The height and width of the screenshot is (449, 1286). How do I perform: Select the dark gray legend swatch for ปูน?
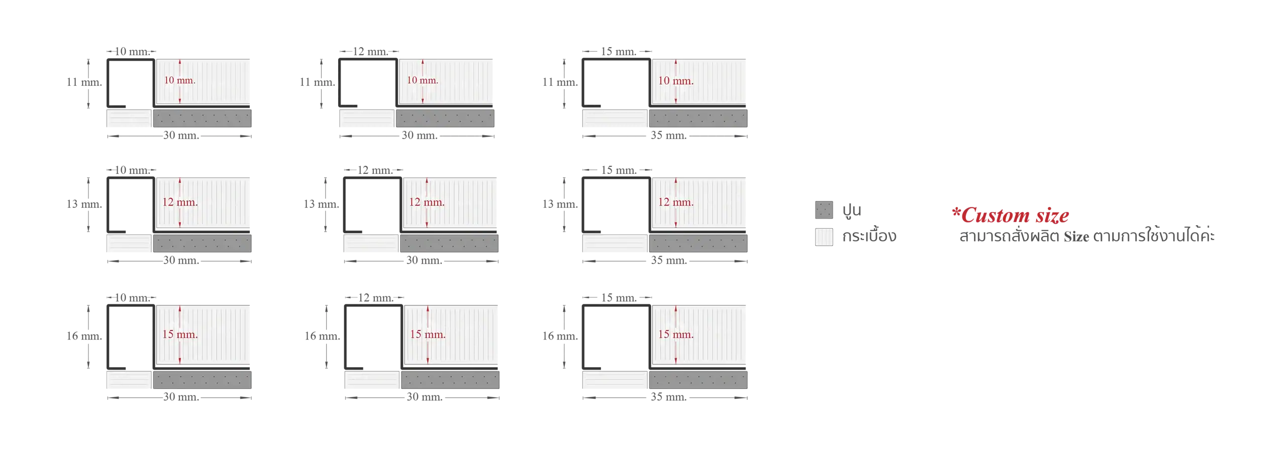824,210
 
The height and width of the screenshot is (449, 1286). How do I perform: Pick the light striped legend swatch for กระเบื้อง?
824,237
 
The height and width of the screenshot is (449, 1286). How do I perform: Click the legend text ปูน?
852,210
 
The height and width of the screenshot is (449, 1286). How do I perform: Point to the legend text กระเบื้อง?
869,236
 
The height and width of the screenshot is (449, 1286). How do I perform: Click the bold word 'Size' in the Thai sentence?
1076,237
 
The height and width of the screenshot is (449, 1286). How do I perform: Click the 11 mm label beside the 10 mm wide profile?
84,82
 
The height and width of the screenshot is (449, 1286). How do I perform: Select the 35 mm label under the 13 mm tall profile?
668,260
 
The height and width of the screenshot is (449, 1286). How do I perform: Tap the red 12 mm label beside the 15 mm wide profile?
675,202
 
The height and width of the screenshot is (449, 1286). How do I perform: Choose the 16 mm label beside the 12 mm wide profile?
322,336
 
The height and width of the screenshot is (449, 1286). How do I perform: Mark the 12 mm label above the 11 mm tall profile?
370,51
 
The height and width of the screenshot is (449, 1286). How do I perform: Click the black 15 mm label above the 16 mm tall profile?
619,298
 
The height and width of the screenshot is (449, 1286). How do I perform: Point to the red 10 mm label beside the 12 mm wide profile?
422,80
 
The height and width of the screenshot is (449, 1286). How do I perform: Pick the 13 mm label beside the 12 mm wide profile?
321,204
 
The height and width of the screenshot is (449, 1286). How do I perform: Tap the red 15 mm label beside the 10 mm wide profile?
179,334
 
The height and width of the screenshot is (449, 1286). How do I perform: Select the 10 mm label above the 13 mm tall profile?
132,170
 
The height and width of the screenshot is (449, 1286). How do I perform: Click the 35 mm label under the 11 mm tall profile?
668,135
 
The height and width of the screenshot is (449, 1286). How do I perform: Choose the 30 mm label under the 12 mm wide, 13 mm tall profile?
424,260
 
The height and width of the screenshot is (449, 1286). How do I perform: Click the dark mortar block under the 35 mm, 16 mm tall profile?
698,380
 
